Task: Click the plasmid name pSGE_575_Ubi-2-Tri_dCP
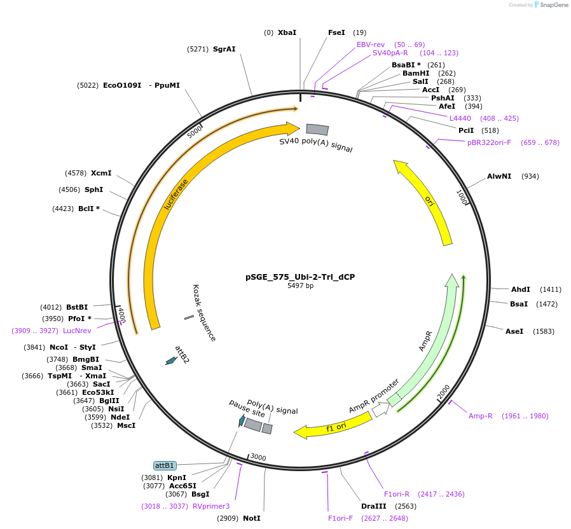tap(300, 277)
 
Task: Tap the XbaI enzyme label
tap(287, 32)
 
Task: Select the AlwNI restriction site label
tap(499, 176)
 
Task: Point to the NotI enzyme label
tap(251, 518)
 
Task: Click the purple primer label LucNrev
tap(77, 331)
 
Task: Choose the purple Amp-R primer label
tap(481, 416)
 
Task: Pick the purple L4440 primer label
tap(460, 118)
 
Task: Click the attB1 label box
tap(165, 466)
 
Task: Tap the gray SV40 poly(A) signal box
tap(317, 130)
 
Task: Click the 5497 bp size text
tap(300, 286)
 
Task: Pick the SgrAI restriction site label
tap(224, 49)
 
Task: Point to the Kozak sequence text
tap(205, 312)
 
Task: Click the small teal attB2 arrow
tap(170, 361)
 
